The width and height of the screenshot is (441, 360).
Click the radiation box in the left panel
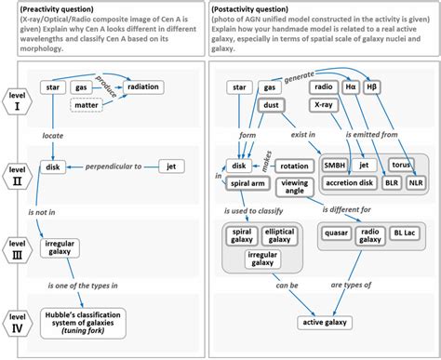(x=142, y=87)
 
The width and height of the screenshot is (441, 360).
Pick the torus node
(x=401, y=165)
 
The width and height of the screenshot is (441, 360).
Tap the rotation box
(x=294, y=165)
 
